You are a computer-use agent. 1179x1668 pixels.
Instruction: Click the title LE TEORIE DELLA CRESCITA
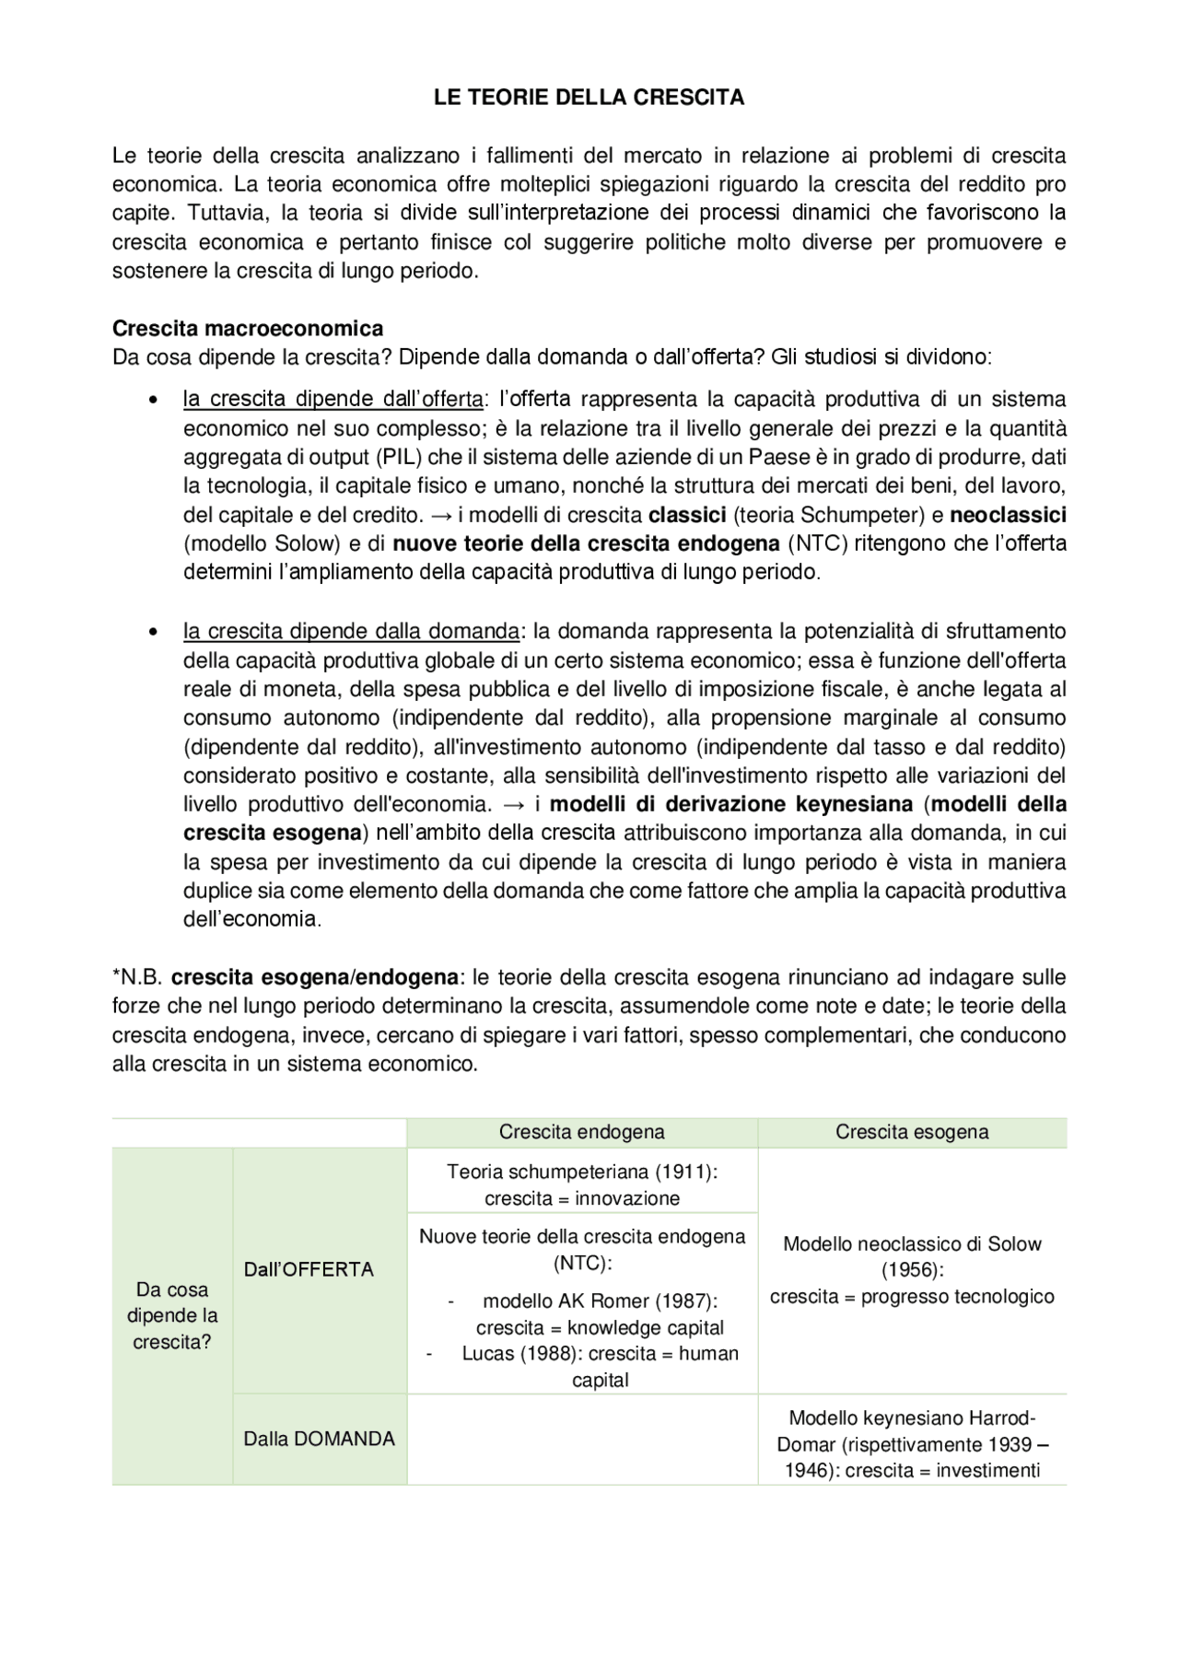tap(589, 98)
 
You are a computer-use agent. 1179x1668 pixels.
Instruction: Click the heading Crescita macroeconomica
tap(248, 329)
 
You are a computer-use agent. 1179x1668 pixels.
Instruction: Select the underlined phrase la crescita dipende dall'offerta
tap(333, 399)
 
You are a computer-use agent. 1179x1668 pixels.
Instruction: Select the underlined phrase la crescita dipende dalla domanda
tap(351, 631)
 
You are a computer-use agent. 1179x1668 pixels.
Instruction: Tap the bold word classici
tap(687, 515)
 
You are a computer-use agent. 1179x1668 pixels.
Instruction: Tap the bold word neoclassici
tap(1008, 515)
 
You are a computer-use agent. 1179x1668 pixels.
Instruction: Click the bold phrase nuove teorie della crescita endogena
tap(586, 543)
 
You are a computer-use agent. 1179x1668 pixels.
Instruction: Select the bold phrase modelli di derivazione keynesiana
tap(731, 804)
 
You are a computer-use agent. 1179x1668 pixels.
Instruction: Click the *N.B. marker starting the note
tap(137, 976)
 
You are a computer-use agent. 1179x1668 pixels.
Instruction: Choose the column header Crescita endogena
tap(581, 1132)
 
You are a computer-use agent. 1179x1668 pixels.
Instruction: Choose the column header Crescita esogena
tap(912, 1132)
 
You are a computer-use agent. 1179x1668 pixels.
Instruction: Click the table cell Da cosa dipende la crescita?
tap(171, 1315)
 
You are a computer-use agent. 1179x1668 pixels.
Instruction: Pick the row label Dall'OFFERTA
tap(309, 1269)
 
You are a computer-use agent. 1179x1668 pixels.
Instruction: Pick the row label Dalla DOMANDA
tap(319, 1439)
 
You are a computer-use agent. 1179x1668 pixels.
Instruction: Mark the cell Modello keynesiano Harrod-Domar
tap(912, 1444)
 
